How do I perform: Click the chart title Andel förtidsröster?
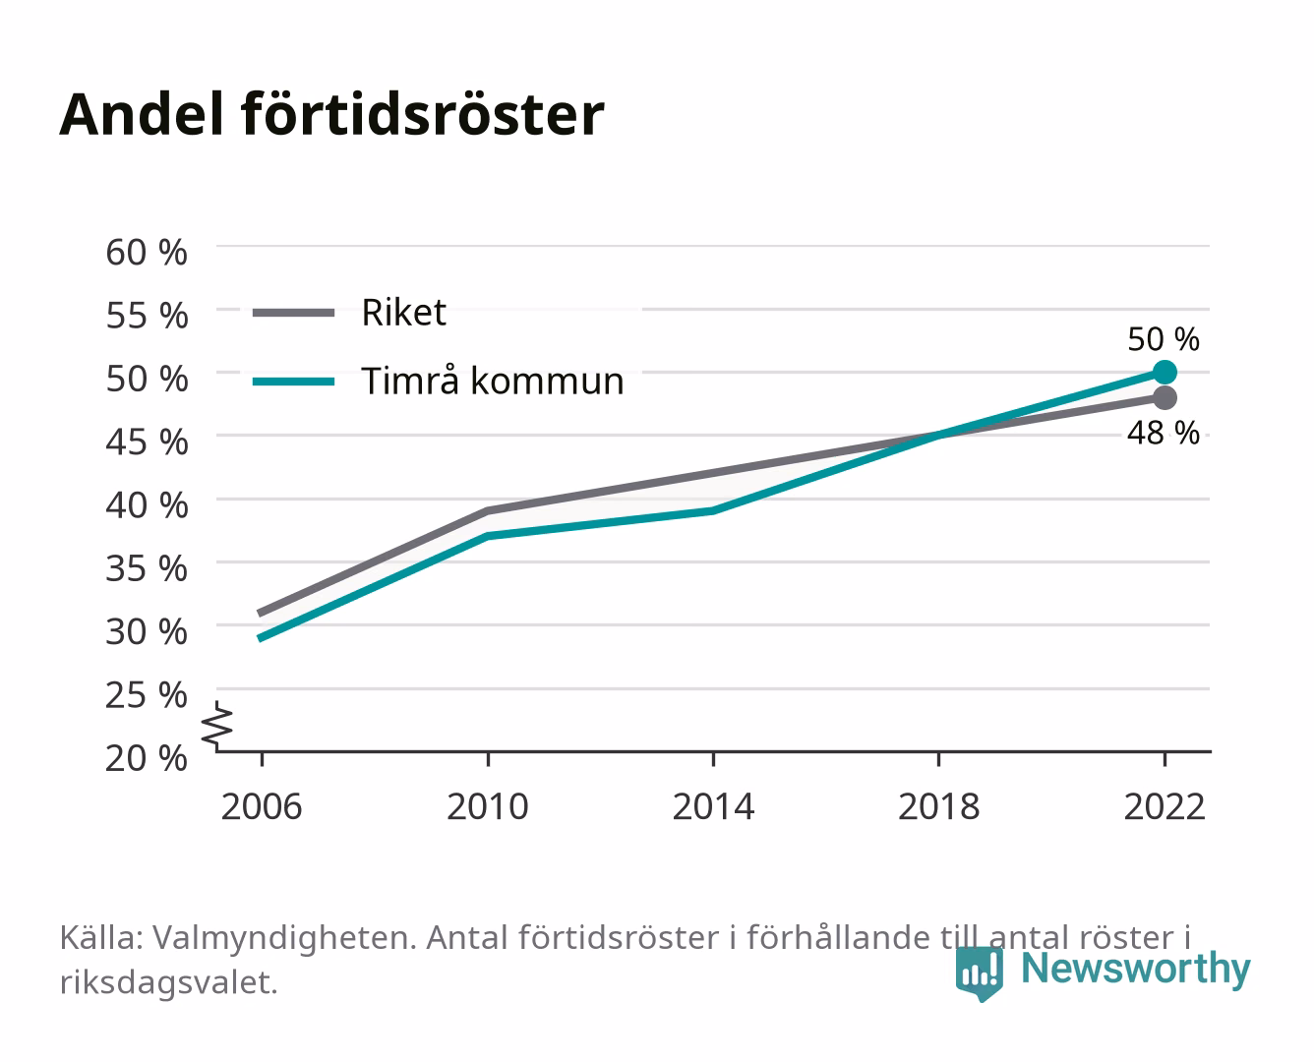(331, 115)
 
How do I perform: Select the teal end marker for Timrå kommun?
(1165, 373)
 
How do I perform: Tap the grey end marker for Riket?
(1165, 398)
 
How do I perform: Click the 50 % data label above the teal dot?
(1164, 339)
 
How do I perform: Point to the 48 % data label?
(1164, 433)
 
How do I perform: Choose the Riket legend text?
(403, 312)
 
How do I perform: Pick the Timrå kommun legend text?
(493, 381)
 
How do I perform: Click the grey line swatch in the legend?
(294, 314)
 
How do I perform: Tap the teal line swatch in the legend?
(294, 382)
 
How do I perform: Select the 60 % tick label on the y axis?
(147, 253)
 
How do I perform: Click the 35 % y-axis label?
(147, 568)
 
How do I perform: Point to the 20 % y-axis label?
(147, 758)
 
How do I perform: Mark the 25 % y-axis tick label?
(147, 695)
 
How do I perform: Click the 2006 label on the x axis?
(262, 806)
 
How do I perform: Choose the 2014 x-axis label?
(713, 806)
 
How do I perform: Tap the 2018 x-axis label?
(939, 806)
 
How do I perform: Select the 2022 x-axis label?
(1165, 806)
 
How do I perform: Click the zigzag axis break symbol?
(217, 726)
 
